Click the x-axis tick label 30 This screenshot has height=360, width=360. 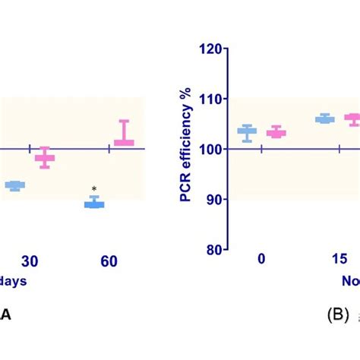coord(30,261)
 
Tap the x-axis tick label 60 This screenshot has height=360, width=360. coord(109,261)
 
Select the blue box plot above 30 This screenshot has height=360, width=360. coord(15,185)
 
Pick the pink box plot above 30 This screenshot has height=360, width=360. coord(46,158)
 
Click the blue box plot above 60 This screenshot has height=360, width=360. coord(94,203)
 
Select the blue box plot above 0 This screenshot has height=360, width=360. coord(246,131)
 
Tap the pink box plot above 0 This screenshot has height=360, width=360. coord(276,133)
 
